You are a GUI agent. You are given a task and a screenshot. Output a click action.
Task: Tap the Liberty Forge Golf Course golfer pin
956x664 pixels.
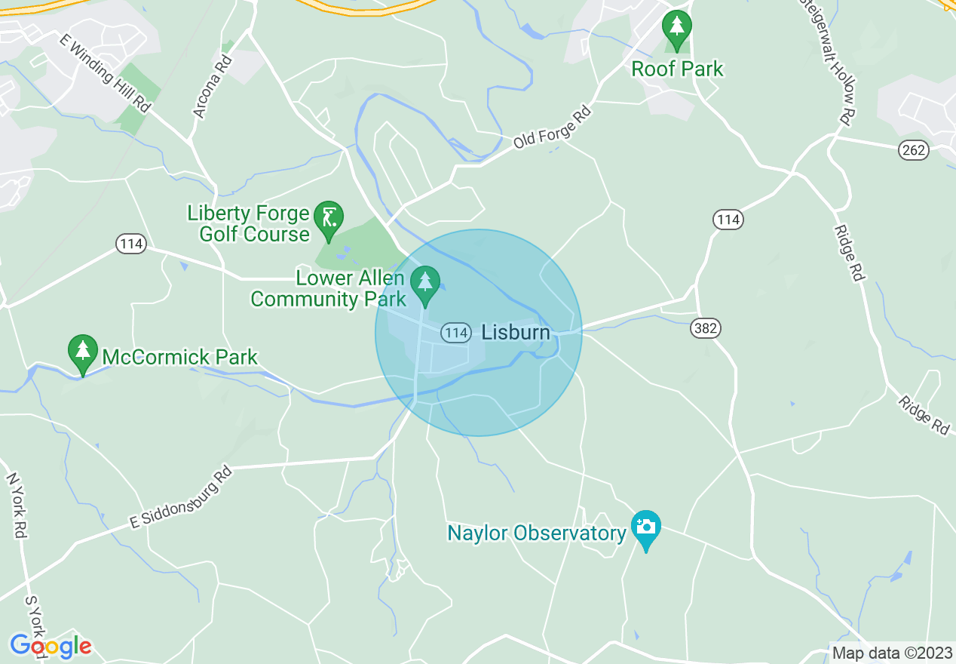pos(328,218)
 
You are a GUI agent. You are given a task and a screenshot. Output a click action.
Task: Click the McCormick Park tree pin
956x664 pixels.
pos(83,352)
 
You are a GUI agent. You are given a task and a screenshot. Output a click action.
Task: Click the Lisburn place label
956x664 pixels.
pos(516,332)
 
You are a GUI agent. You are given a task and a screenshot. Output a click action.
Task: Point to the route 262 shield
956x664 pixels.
pos(914,150)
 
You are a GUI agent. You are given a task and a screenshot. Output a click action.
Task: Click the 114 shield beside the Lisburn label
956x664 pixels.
pos(457,332)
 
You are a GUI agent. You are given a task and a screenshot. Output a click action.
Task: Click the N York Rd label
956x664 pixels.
pos(17,505)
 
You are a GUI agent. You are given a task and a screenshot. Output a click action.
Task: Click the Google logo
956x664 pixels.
pos(51,646)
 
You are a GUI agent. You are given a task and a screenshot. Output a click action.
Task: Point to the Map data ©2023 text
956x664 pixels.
pos(891,653)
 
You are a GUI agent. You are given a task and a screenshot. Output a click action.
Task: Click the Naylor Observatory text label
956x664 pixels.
pos(537,533)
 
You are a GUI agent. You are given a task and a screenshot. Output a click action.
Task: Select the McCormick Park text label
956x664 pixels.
pos(179,357)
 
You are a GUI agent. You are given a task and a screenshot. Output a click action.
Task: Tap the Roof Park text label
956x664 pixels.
pos(677,69)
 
